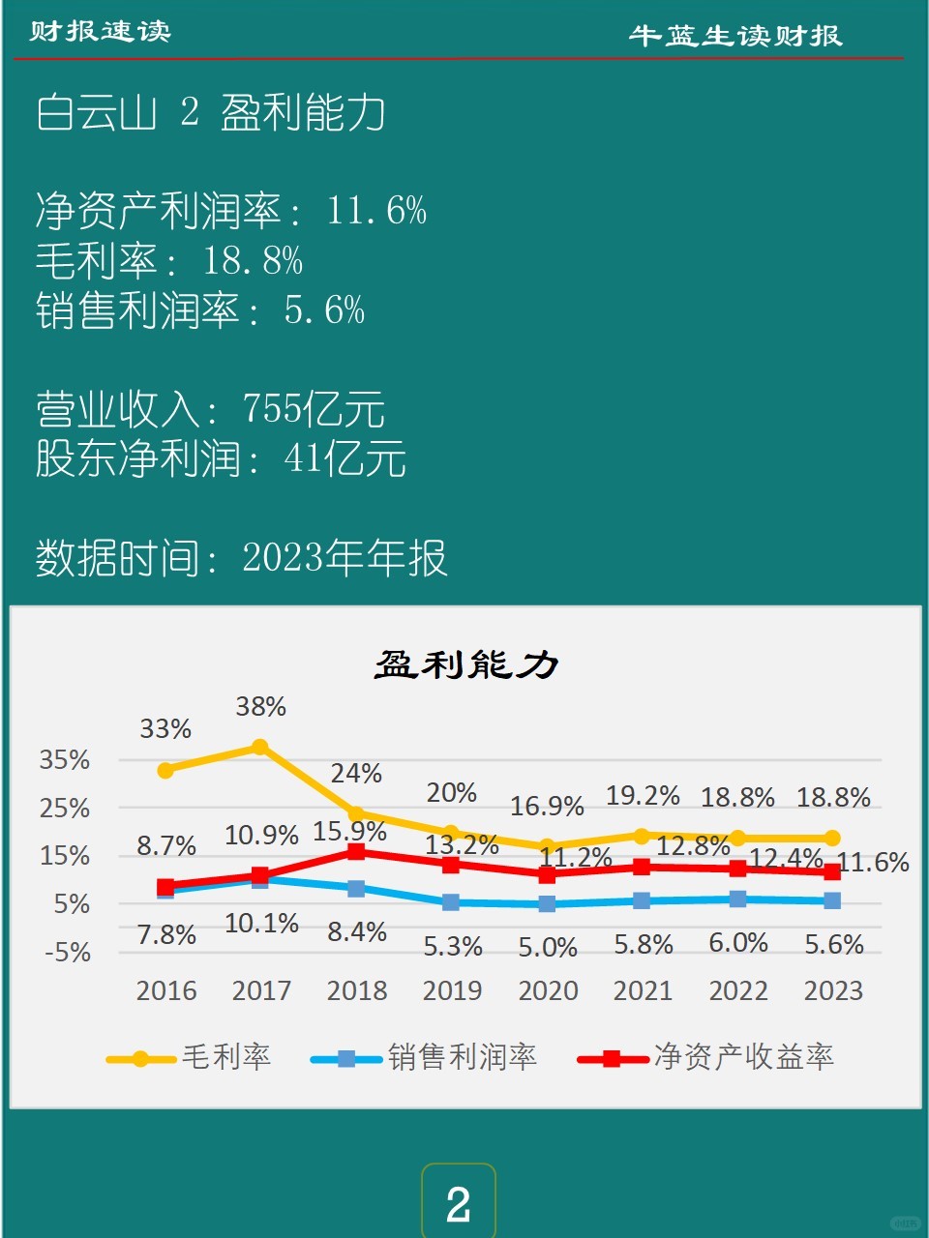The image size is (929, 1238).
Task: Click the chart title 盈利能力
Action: [x=466, y=665]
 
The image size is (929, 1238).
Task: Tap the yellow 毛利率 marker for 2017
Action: [x=260, y=747]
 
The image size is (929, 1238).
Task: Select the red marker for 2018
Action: [x=356, y=851]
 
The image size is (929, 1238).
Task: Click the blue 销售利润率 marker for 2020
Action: [x=547, y=903]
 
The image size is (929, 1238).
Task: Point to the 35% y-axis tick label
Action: [x=65, y=760]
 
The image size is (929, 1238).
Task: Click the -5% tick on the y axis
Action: [x=68, y=953]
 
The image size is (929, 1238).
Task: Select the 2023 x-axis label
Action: [x=833, y=991]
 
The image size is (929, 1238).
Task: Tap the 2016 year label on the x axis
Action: [x=166, y=991]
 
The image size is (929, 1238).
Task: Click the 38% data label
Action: [x=261, y=707]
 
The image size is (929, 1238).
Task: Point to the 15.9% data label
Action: [x=349, y=831]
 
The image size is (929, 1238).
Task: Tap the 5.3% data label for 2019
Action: [x=453, y=946]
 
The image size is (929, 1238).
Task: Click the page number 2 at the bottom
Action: [x=458, y=1204]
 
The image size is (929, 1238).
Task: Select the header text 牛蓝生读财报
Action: [x=735, y=36]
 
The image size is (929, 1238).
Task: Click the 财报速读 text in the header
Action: [x=100, y=31]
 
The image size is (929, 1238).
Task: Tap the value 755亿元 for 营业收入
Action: [x=314, y=409]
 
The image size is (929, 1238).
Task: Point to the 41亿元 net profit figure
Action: [x=345, y=458]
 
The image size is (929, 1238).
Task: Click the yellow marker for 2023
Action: [x=832, y=838]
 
